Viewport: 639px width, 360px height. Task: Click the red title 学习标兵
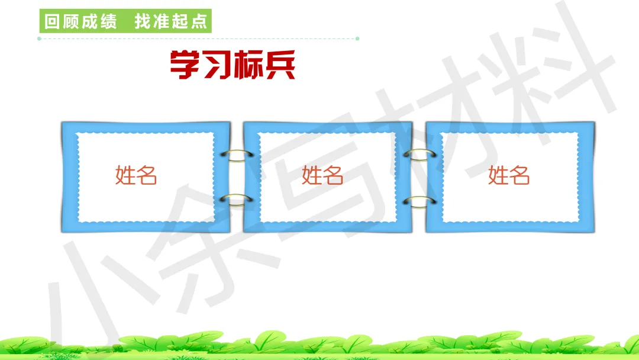[232, 65]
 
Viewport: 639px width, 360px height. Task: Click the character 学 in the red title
[185, 65]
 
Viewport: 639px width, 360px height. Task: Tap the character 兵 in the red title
[280, 65]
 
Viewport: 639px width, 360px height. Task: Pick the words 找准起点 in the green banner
[171, 22]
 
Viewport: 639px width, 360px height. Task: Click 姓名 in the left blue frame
[136, 175]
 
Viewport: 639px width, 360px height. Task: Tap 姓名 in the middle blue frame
[322, 175]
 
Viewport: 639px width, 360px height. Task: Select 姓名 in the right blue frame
[509, 175]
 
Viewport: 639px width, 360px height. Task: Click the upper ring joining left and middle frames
[236, 155]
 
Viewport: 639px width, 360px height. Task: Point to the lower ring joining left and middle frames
[236, 200]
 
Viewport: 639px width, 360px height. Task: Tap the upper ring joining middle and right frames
[419, 155]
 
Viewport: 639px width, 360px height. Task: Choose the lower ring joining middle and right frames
[419, 201]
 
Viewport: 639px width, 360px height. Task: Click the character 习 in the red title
[217, 65]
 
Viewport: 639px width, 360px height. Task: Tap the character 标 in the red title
[248, 65]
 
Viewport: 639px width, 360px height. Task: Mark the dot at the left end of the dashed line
[39, 39]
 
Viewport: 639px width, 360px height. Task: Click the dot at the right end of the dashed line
[357, 39]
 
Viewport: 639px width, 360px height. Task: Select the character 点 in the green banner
[199, 22]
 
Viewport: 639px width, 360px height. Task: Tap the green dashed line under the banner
[198, 39]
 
